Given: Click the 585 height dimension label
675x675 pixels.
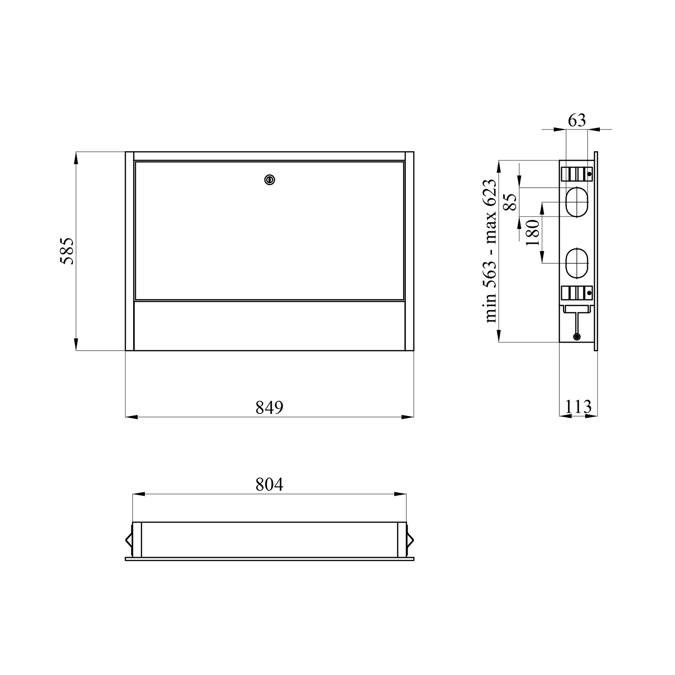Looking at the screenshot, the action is (x=67, y=251).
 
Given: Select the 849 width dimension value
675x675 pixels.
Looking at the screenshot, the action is (x=270, y=408).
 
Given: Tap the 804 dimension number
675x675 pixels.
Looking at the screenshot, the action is (x=270, y=485).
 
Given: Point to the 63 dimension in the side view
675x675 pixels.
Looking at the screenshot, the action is (x=577, y=120).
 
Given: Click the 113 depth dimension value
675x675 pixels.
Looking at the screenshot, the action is (x=578, y=407).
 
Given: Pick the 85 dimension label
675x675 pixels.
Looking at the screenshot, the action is (x=510, y=201).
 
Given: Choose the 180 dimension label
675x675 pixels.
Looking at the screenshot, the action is (x=532, y=232).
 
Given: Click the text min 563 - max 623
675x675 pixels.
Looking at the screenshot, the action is (x=490, y=251).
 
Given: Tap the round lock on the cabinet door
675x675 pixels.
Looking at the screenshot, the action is (x=270, y=180).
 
